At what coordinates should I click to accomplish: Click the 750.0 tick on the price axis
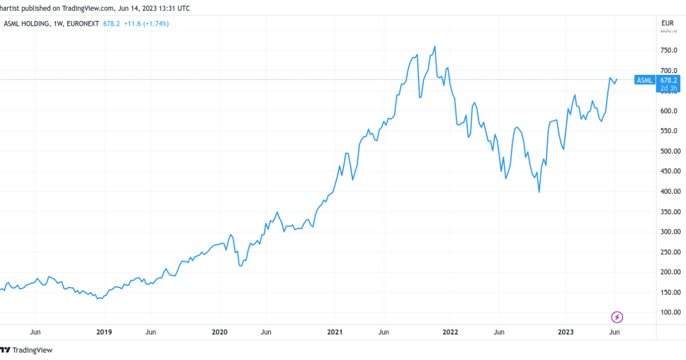pos(669,50)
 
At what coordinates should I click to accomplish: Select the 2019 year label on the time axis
pos(103,331)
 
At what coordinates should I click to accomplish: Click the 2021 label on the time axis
pos(334,331)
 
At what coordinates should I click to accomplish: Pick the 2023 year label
pos(565,331)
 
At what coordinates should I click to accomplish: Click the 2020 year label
pos(220,331)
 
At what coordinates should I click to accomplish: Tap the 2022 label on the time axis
pos(450,331)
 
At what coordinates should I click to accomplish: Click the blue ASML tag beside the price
pos(644,81)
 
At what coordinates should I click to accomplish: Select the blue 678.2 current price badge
pos(668,81)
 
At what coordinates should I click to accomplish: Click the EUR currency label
pos(667,23)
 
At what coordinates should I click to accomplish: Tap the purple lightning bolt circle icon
pos(617,317)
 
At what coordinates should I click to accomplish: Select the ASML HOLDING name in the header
pos(26,23)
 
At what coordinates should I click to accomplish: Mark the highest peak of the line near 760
pos(435,46)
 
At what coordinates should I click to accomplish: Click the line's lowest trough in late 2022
pos(539,192)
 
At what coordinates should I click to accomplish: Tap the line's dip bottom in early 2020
pos(241,266)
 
